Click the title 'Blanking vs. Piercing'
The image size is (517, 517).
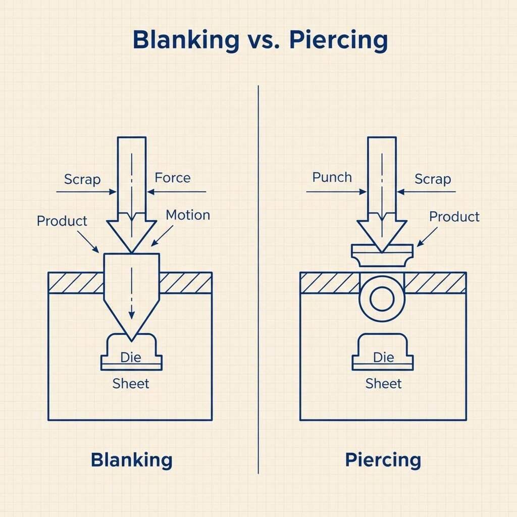[x=260, y=41]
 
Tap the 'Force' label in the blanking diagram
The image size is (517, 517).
[x=173, y=178]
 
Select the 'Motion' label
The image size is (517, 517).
[x=188, y=215]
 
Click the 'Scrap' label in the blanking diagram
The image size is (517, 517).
[x=82, y=179]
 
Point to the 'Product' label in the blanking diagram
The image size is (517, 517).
[x=62, y=221]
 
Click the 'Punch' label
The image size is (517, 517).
[x=332, y=177]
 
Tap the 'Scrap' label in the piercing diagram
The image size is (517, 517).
[x=433, y=179]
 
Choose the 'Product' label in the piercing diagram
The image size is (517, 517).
[x=454, y=217]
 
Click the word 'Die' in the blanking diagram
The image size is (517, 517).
[x=131, y=357]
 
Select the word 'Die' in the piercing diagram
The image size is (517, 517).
[x=383, y=357]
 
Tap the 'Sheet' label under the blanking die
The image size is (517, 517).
[x=131, y=384]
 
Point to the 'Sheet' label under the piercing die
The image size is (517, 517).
[x=383, y=384]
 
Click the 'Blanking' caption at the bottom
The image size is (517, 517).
[x=131, y=460]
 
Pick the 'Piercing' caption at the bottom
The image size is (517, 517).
[x=383, y=460]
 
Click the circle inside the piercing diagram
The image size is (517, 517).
[x=382, y=299]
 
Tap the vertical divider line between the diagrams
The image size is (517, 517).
[x=258, y=278]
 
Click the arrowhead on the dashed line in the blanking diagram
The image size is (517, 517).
[x=131, y=314]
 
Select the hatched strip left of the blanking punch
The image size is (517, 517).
[x=76, y=283]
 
